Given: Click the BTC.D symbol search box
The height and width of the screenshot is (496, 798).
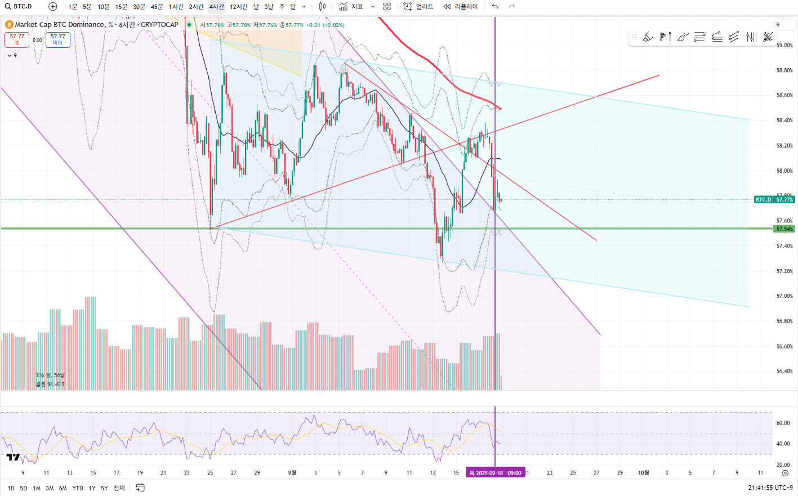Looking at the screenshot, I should [23, 6].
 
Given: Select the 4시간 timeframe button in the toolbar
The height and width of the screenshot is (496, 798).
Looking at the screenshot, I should [217, 7].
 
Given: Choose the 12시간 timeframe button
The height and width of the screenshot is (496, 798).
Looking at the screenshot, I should [239, 7].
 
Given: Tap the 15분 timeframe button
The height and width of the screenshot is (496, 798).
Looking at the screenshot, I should [121, 7].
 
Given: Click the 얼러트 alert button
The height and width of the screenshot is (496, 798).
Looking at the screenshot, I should [419, 7].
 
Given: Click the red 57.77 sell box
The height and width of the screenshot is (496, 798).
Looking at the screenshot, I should [17, 39].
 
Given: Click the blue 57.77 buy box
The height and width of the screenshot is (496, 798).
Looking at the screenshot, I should [57, 39].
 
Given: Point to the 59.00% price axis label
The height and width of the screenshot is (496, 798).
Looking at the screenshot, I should [784, 45].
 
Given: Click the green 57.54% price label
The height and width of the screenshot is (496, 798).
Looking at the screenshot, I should [784, 229].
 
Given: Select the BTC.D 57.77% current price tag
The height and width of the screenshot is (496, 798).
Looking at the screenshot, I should [774, 199].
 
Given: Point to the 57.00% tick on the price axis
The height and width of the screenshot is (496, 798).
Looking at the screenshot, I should [784, 296].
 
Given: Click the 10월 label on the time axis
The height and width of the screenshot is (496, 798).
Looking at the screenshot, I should [643, 473].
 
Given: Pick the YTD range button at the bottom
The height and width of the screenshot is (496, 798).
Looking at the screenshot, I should [78, 488].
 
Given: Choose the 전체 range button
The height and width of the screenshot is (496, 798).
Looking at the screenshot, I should [119, 488].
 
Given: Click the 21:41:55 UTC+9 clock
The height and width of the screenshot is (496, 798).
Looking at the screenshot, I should [770, 488].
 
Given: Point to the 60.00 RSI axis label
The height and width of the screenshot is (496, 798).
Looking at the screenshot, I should [783, 423].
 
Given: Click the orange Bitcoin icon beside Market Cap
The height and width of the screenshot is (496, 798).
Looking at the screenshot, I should [9, 25].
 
